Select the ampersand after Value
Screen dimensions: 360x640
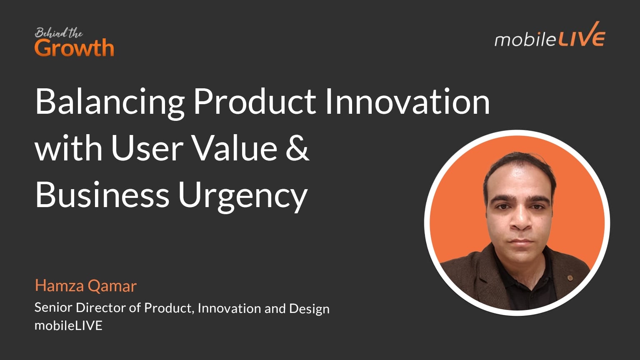click(x=297, y=148)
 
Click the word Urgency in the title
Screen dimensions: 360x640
click(x=243, y=196)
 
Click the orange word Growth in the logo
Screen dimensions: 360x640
click(x=74, y=48)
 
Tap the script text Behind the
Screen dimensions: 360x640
click(x=58, y=33)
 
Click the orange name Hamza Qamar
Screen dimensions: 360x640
click(x=85, y=286)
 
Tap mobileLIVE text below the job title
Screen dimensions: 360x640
click(x=68, y=325)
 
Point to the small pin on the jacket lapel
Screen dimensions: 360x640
click(x=570, y=277)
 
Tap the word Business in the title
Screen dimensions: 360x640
click(x=102, y=195)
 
